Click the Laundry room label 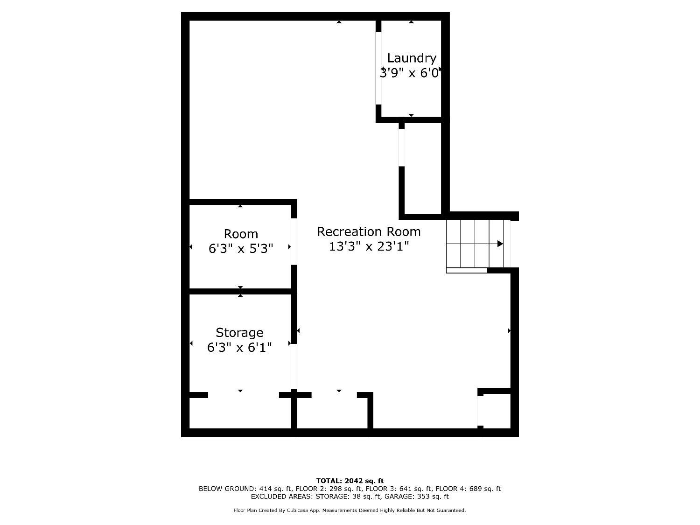tap(412, 58)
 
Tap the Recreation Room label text tap(369, 231)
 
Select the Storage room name tap(239, 332)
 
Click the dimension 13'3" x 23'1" tap(369, 246)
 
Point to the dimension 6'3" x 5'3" tap(241, 248)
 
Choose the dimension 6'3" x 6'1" tap(239, 347)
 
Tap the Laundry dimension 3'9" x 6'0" tap(410, 73)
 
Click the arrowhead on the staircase tap(500, 244)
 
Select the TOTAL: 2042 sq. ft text tap(350, 481)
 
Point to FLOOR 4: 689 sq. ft tap(468, 489)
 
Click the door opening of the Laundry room tap(378, 68)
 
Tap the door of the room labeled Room tap(294, 241)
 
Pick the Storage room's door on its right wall tap(294, 366)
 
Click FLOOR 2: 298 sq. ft tap(329, 489)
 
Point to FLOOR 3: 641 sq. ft tap(399, 489)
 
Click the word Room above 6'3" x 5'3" tap(241, 234)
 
